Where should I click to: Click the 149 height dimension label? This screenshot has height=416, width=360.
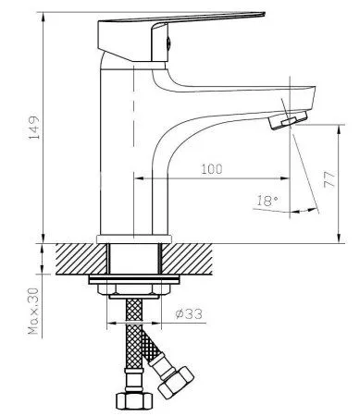(34, 128)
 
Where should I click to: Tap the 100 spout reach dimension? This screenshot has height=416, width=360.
(211, 169)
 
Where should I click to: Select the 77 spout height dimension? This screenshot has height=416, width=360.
(329, 179)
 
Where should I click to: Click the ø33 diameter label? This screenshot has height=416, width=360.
(189, 314)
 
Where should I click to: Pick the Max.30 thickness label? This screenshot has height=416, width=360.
(33, 311)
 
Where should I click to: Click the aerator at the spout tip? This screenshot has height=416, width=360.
(288, 120)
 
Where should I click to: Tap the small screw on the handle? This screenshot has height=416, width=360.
(168, 43)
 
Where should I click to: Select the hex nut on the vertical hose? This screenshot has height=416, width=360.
(134, 400)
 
